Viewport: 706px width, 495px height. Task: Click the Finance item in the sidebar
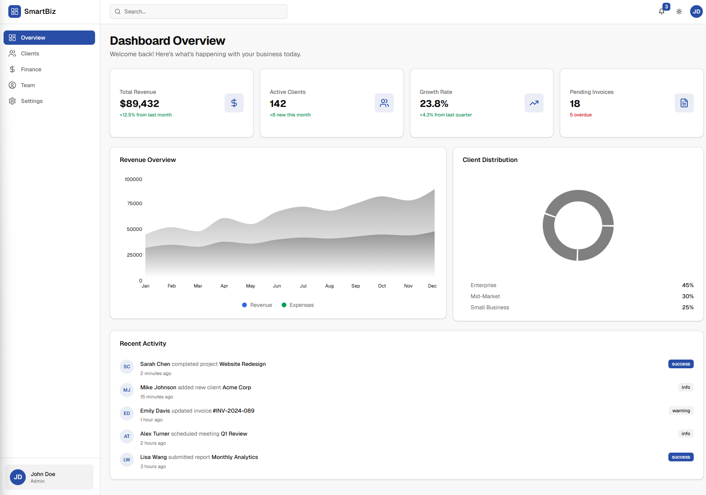click(x=31, y=69)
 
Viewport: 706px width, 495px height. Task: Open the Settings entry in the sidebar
click(x=32, y=101)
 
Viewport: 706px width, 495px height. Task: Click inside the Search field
click(x=198, y=11)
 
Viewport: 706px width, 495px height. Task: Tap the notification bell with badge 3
click(x=662, y=11)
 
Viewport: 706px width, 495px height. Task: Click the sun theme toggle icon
click(x=679, y=11)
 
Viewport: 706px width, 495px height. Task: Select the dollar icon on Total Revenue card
click(x=234, y=103)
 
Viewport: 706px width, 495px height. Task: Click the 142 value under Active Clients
click(x=278, y=104)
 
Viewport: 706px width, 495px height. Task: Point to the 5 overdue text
click(x=580, y=115)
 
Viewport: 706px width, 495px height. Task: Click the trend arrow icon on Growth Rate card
click(x=534, y=103)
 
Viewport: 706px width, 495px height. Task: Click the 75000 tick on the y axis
click(x=134, y=204)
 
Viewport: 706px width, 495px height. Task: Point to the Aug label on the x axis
click(x=329, y=286)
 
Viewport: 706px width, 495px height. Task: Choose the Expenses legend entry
click(x=298, y=305)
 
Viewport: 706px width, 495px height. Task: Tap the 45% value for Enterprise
click(x=687, y=285)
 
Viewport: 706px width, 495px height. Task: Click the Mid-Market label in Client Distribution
click(x=485, y=296)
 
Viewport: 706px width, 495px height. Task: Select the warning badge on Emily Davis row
click(x=681, y=411)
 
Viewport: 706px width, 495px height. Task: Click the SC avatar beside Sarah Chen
click(x=127, y=367)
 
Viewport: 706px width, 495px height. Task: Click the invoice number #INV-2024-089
click(x=233, y=411)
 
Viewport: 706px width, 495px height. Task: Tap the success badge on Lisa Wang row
click(x=681, y=457)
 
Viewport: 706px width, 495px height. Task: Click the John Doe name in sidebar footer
click(x=43, y=474)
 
